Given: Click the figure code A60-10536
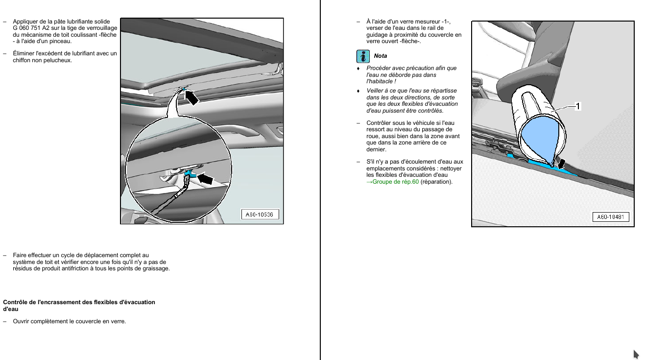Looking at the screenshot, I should pos(260,215).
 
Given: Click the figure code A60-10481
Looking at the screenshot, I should pos(610,217).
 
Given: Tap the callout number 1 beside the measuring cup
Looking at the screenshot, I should pos(578,106).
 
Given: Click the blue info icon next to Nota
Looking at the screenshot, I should pos(362,56).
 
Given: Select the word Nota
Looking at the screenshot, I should pos(381,56).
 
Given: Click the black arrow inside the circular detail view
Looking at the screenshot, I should pos(207,179).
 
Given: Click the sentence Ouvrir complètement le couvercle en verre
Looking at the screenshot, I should pos(69,321).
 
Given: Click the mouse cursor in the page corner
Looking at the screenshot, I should pos(636,354).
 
